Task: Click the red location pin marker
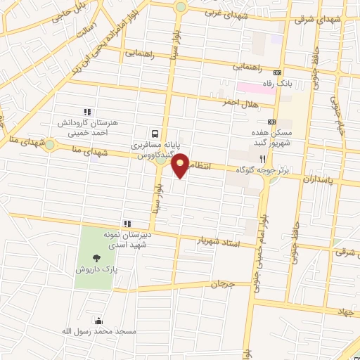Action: pos(181,164)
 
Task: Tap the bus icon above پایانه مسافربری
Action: pos(154,134)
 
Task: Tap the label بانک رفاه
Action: pos(295,84)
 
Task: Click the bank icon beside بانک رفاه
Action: pos(278,72)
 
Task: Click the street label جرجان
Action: pos(220,285)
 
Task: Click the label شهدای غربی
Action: pos(224,13)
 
